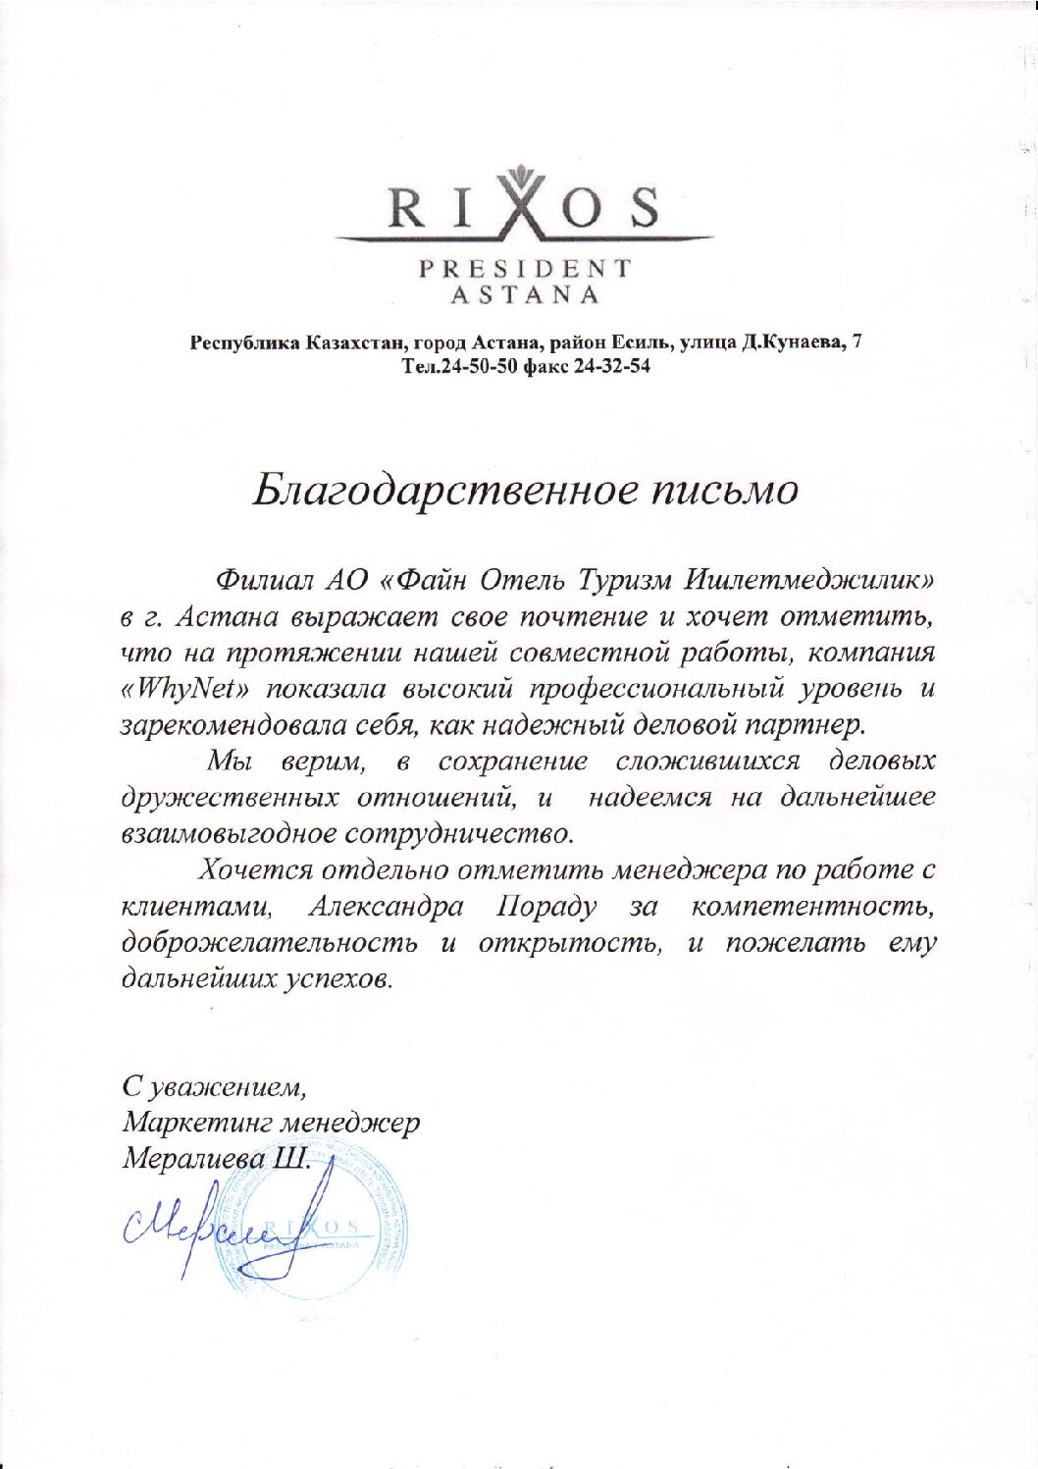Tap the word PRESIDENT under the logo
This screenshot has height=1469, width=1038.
coord(525,268)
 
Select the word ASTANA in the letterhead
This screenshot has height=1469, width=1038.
coord(525,293)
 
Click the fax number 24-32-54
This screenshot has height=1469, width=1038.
coord(613,366)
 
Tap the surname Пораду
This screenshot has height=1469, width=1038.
coord(546,906)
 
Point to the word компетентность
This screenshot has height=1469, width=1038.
coord(813,906)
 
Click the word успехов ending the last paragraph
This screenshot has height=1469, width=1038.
coord(338,979)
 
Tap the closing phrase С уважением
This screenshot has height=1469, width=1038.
coord(215,1086)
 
